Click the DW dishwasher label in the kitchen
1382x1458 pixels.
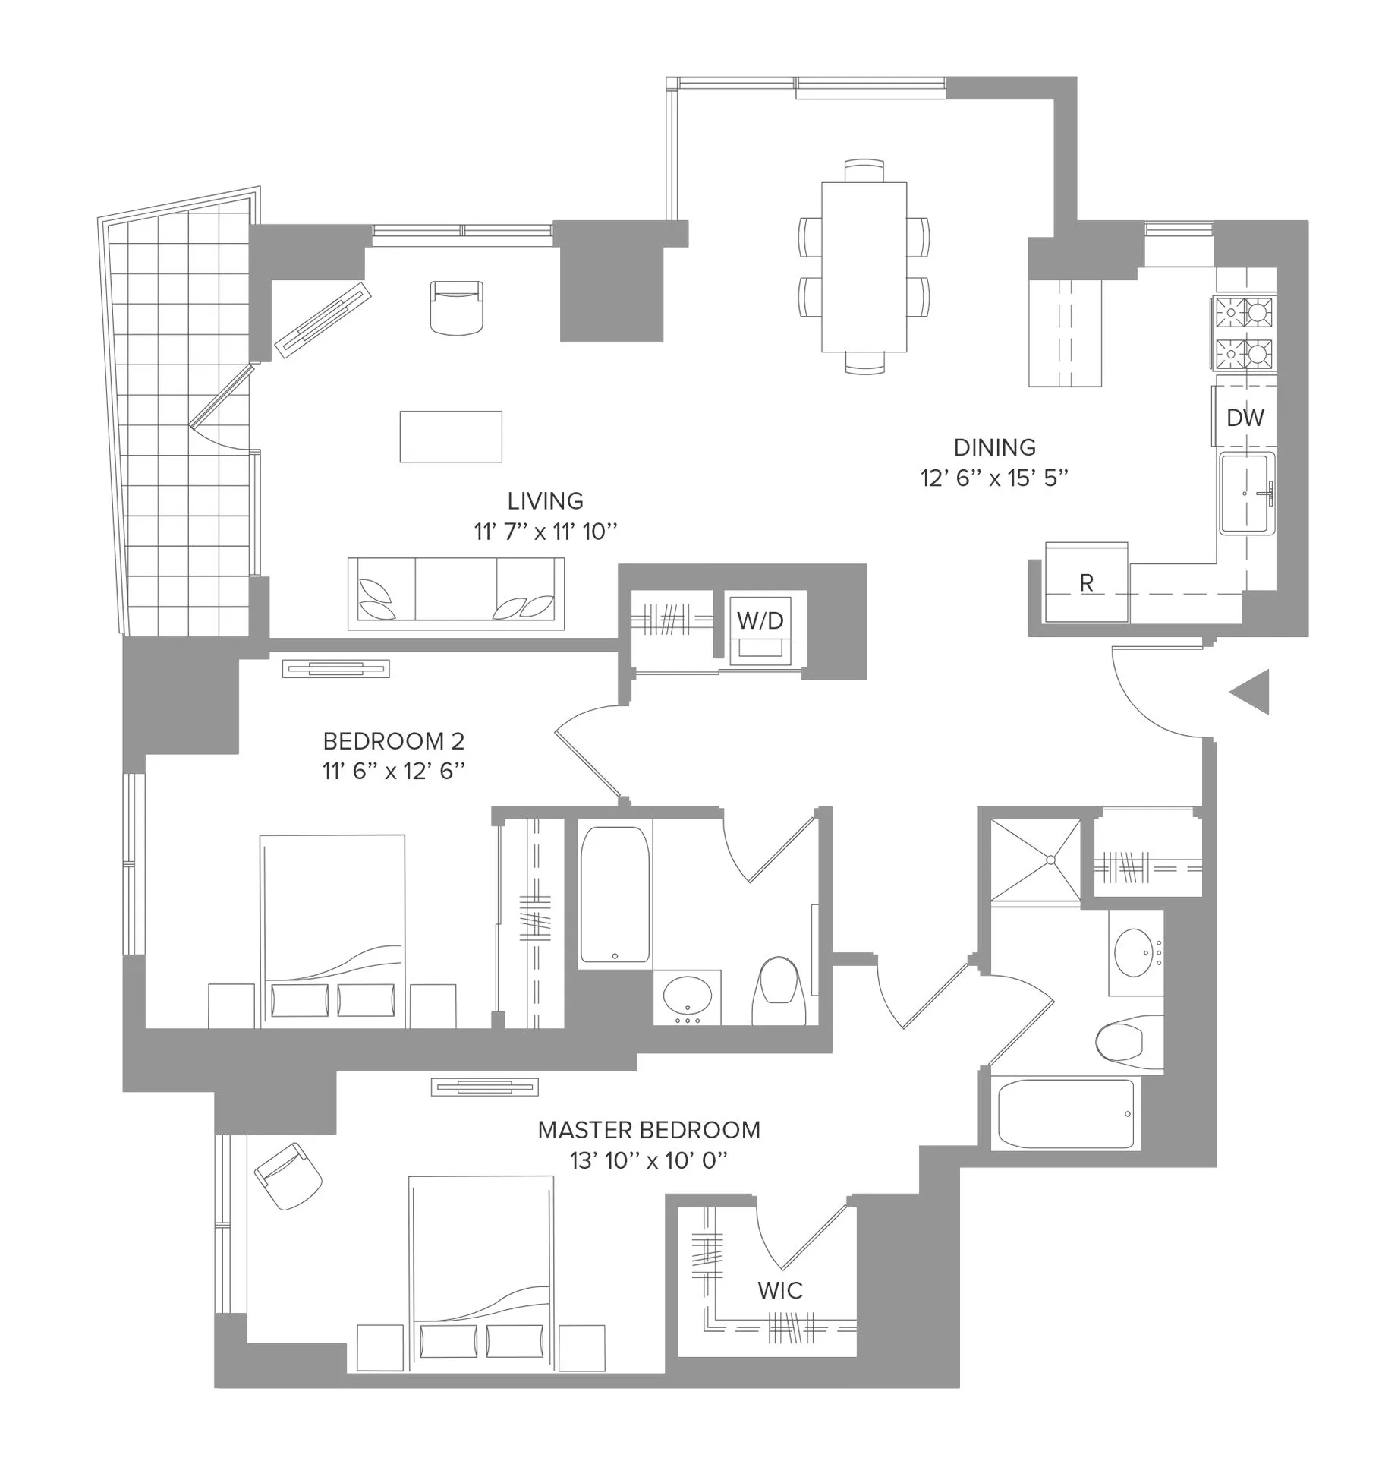pos(1245,418)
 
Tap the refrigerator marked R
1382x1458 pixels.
pos(1086,583)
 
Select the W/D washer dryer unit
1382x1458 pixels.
pos(760,621)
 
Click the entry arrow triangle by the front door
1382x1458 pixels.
pos(1253,692)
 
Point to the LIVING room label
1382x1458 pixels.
pos(545,501)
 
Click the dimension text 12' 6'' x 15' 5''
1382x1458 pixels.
pos(994,478)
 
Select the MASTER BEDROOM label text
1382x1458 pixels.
pos(649,1131)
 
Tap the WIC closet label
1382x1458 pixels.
pos(779,1290)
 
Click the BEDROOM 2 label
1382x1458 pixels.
pos(393,741)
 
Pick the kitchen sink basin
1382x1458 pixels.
pos(1246,494)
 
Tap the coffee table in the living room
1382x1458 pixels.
pos(451,437)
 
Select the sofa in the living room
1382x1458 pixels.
pos(456,594)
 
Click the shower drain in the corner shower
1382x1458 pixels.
pos(1050,860)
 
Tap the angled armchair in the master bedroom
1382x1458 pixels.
pos(288,1178)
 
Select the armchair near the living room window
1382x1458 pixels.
pos(456,307)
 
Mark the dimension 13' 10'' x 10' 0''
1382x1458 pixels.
pos(649,1161)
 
